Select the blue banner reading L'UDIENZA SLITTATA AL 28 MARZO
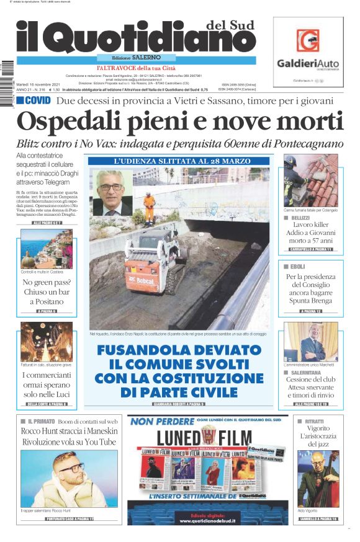179,161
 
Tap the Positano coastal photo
47,249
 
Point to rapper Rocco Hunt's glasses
70,468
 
